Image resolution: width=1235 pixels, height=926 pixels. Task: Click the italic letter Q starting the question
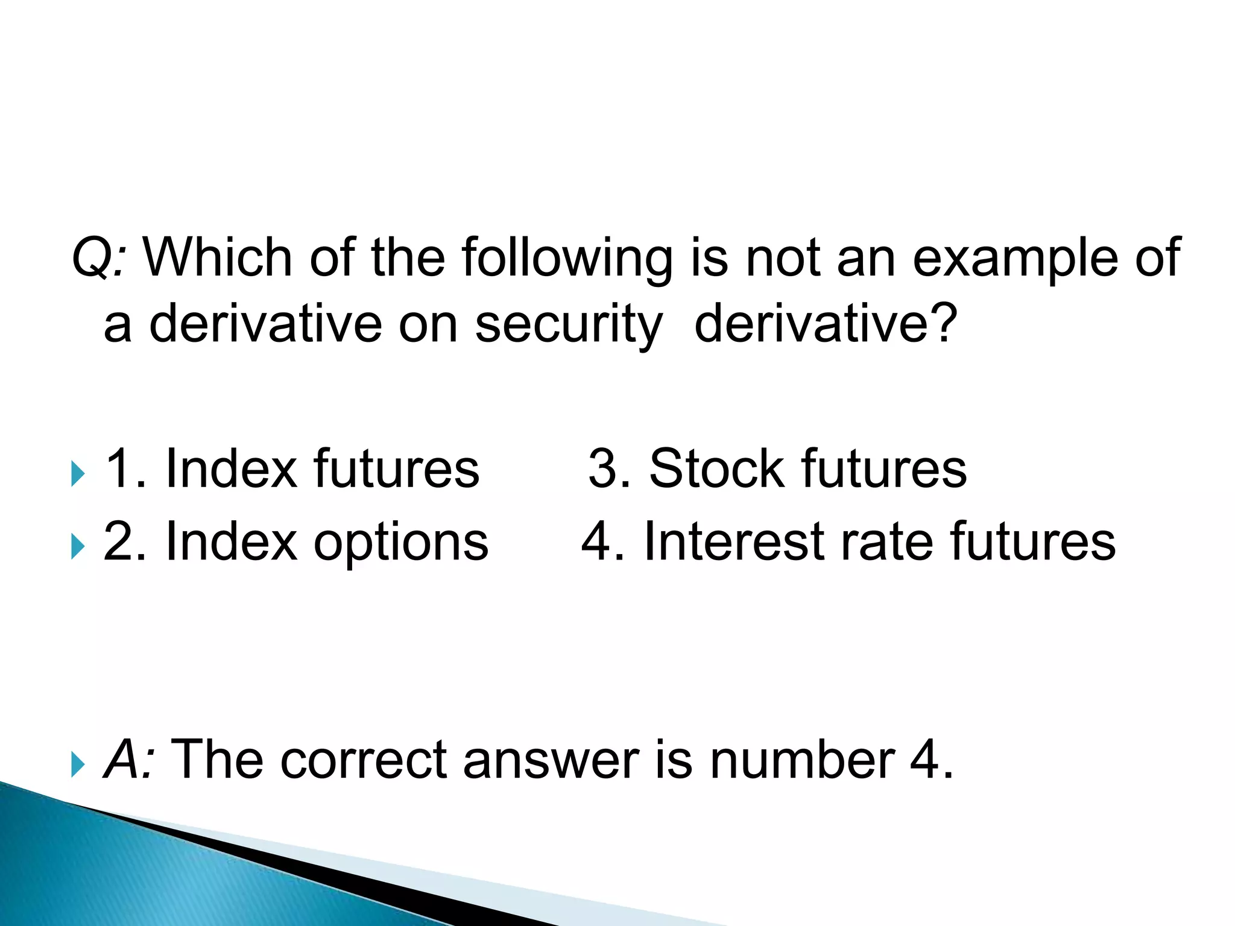tap(90, 258)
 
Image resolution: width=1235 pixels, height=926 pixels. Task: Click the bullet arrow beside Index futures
tap(78, 473)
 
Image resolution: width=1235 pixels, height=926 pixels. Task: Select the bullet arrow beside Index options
tap(78, 547)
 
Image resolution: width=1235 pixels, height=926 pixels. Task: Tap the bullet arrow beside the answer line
tap(78, 764)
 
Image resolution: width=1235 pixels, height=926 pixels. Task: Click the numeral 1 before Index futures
tap(118, 468)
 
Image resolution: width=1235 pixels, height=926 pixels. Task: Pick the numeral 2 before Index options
tap(118, 541)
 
